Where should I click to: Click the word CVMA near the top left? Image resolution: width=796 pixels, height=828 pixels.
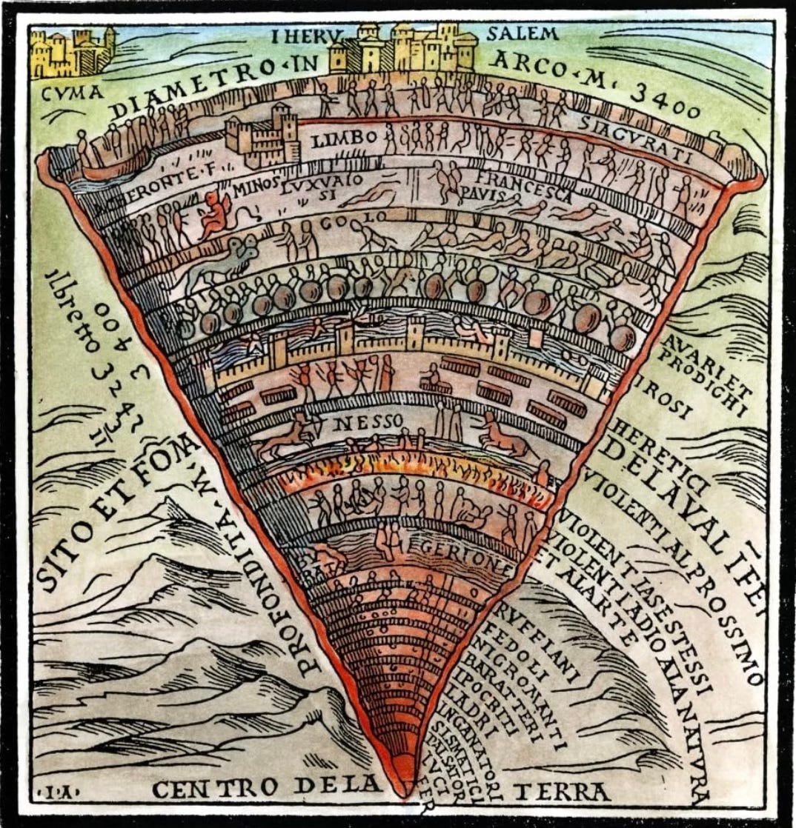click(x=64, y=95)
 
